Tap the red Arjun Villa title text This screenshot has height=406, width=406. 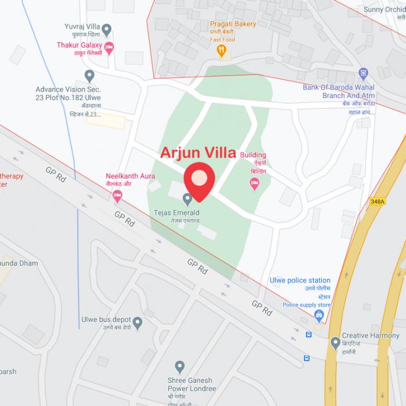[x=198, y=153]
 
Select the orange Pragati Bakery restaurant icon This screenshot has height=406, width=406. [x=221, y=51]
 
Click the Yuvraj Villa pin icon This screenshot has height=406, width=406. [x=106, y=30]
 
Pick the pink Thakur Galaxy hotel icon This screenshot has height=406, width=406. [x=109, y=47]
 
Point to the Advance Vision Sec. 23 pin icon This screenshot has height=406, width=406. [x=89, y=76]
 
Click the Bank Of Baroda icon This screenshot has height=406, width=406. [x=363, y=74]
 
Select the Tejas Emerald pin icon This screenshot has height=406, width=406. [x=187, y=199]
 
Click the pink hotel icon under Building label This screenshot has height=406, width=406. [x=254, y=184]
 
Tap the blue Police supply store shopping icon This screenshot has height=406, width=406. [x=318, y=315]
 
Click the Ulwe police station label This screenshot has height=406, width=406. [x=300, y=280]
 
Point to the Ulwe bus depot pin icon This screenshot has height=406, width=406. [x=137, y=322]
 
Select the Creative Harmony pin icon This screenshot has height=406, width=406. [x=335, y=343]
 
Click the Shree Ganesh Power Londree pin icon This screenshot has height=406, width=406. [x=180, y=367]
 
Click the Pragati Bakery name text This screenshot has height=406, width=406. [x=233, y=24]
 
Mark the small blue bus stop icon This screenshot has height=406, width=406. [x=309, y=335]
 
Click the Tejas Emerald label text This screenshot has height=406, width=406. [x=176, y=213]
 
